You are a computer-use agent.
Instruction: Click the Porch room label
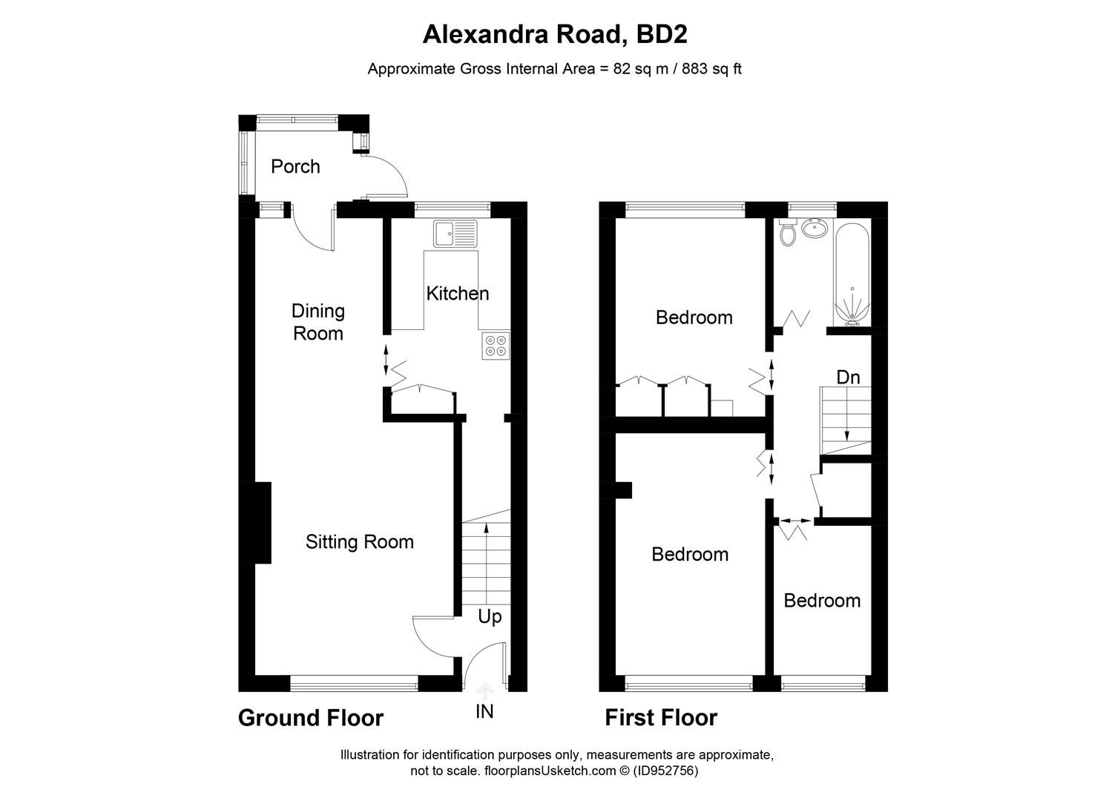click(x=295, y=166)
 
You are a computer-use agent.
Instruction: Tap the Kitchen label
click(x=457, y=294)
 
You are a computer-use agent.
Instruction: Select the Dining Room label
click(x=317, y=322)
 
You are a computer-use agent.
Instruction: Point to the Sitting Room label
click(x=359, y=542)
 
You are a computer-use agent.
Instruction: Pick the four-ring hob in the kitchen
click(x=496, y=346)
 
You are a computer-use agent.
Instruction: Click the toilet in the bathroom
click(x=788, y=234)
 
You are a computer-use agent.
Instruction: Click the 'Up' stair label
click(x=490, y=617)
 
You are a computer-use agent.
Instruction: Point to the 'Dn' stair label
click(x=848, y=378)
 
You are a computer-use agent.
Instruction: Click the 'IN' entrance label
click(x=484, y=712)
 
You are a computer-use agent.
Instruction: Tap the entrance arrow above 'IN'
click(x=484, y=691)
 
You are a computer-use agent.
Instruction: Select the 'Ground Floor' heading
click(x=310, y=718)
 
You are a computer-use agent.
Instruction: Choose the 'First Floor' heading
click(x=660, y=718)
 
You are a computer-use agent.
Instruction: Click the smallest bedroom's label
click(x=822, y=601)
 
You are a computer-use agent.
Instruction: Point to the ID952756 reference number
click(x=666, y=771)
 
